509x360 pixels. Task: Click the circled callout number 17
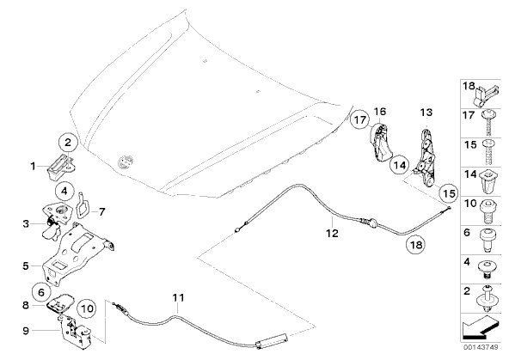pyautogui.click(x=359, y=120)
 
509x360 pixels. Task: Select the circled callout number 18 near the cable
pyautogui.click(x=416, y=244)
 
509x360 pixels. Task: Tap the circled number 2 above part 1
pyautogui.click(x=68, y=143)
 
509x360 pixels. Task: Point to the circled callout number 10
pyautogui.click(x=87, y=308)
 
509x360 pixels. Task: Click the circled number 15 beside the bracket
pyautogui.click(x=449, y=193)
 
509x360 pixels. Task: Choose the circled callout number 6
pyautogui.click(x=41, y=292)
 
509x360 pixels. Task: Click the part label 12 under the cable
pyautogui.click(x=332, y=233)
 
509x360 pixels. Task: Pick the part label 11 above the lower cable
pyautogui.click(x=178, y=297)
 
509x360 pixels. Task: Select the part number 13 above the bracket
pyautogui.click(x=426, y=113)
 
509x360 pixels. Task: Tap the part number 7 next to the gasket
pyautogui.click(x=102, y=212)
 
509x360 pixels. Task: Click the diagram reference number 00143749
pyautogui.click(x=481, y=347)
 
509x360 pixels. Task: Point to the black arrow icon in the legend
pyautogui.click(x=480, y=327)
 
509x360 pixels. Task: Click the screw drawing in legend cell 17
pyautogui.click(x=488, y=123)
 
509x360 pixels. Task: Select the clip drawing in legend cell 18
pyautogui.click(x=487, y=95)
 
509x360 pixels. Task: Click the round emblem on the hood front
pyautogui.click(x=126, y=162)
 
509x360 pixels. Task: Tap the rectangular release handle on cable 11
pyautogui.click(x=272, y=341)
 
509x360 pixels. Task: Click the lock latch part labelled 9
pyautogui.click(x=76, y=332)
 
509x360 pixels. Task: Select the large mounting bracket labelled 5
pyautogui.click(x=78, y=253)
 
